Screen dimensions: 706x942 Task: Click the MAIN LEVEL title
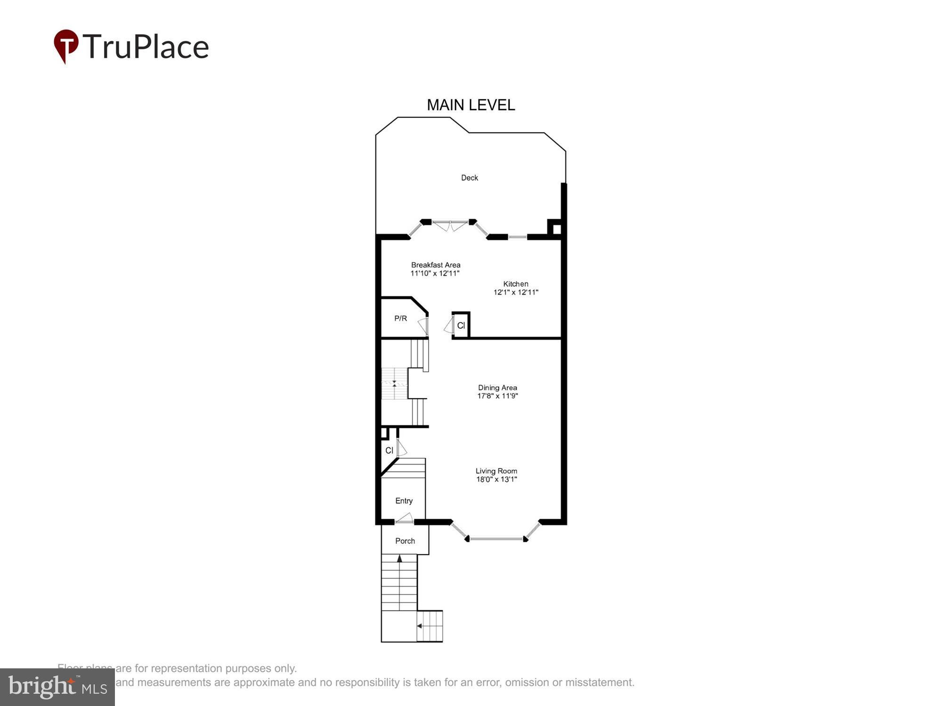[471, 105]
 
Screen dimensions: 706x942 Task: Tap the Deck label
[469, 177]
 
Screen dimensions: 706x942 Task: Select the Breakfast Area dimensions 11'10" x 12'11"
[435, 273]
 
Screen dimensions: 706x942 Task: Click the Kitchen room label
[516, 284]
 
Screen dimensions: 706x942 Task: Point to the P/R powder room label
[400, 319]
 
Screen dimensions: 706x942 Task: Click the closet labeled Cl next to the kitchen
[461, 325]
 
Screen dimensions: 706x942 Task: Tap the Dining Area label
[497, 388]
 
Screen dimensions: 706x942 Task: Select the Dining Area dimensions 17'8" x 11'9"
[497, 396]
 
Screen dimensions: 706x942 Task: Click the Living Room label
[496, 471]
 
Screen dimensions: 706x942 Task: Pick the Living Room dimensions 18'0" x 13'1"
[496, 480]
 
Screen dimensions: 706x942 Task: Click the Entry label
[404, 501]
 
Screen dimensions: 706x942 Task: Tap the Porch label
[405, 541]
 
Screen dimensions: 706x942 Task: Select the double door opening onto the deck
[450, 226]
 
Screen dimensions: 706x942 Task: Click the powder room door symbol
[424, 326]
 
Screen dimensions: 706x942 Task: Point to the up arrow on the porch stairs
[399, 559]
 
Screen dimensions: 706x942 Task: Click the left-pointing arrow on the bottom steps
[419, 626]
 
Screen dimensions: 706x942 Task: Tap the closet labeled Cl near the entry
[389, 450]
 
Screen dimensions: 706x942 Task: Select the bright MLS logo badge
[57, 687]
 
